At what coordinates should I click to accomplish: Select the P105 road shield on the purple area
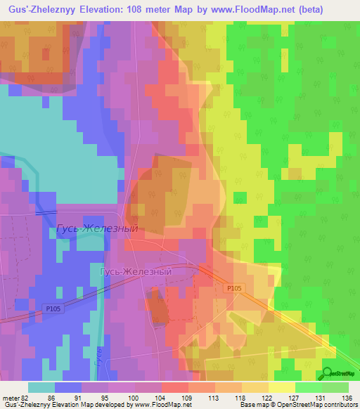54,307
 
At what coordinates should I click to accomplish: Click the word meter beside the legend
10,398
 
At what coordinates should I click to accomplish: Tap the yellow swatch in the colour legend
281,387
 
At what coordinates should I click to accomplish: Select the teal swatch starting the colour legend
41,387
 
